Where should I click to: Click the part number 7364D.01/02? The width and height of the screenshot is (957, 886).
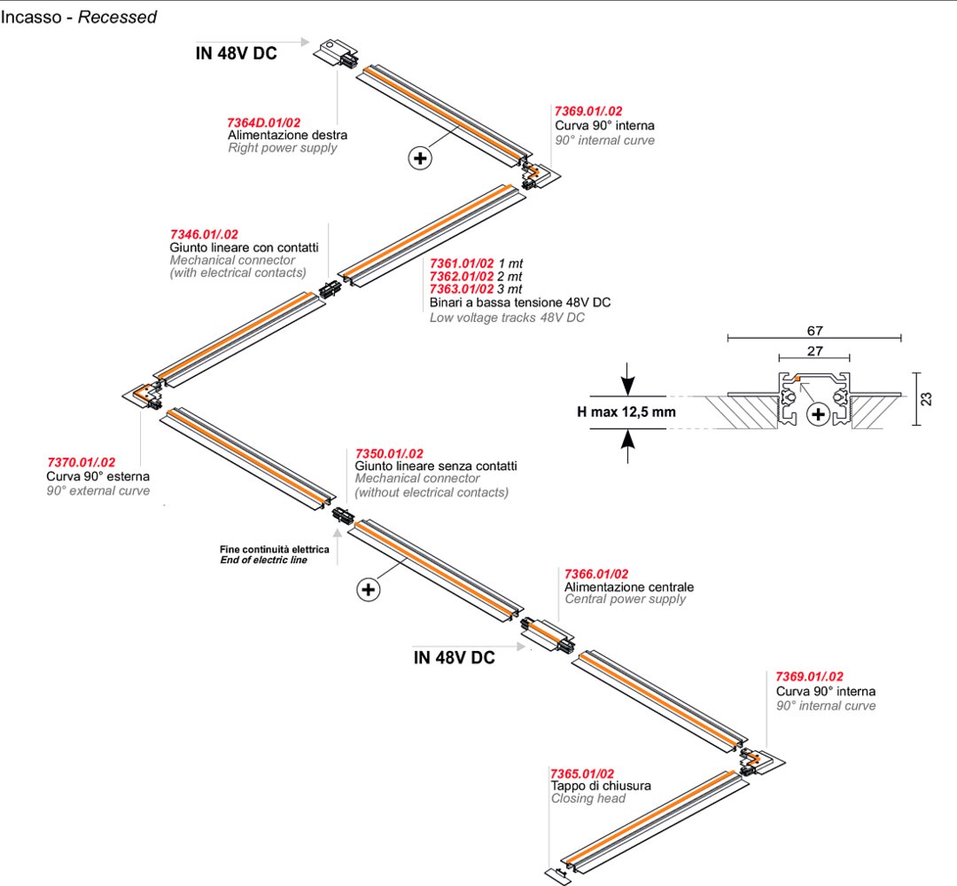(x=264, y=122)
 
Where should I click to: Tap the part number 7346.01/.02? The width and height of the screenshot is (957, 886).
(x=204, y=234)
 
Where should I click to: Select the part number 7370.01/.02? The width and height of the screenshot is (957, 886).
(x=81, y=463)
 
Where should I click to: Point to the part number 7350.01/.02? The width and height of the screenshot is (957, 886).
(x=389, y=453)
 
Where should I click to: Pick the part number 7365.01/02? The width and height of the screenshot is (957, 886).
(x=582, y=773)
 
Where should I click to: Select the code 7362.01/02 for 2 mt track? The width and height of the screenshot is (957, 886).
(x=462, y=277)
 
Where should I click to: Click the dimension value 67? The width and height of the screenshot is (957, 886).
(x=813, y=330)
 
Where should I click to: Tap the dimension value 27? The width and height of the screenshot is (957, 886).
(x=813, y=351)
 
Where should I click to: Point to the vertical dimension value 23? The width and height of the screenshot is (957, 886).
(x=927, y=398)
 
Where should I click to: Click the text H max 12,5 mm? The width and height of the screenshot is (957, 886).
(x=626, y=412)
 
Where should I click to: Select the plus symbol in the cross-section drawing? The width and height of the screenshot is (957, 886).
(x=817, y=414)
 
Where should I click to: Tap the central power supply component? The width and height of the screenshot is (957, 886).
(x=548, y=633)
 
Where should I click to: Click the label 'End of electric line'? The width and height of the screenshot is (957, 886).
(x=263, y=561)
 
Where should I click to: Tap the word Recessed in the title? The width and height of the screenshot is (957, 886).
(x=117, y=17)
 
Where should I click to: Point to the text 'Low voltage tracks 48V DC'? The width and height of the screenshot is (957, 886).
(x=507, y=317)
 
